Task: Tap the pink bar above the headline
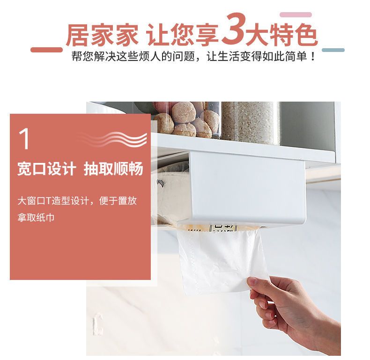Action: (x=296, y=15)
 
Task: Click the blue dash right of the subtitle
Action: (x=333, y=50)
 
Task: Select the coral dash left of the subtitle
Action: (x=46, y=50)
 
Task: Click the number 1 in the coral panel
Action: (x=24, y=139)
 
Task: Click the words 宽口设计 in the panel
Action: (x=47, y=169)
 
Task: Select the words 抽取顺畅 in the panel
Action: (x=113, y=169)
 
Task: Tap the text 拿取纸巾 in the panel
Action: (x=36, y=217)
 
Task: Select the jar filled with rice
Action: (x=250, y=123)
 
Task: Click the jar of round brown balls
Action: (x=186, y=120)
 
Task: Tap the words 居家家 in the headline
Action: (x=102, y=35)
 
